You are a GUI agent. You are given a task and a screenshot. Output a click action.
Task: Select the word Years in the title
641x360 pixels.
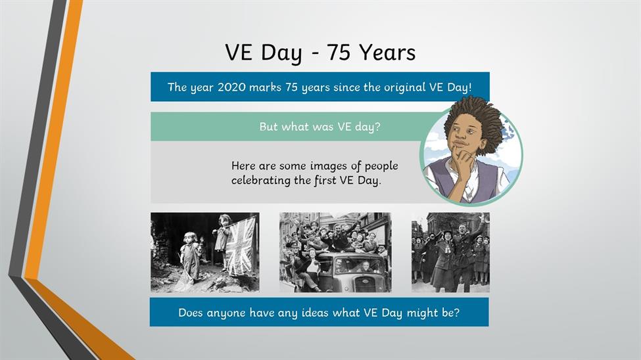click(387, 53)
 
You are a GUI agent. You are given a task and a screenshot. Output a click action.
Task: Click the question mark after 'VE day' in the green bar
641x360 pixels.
click(377, 127)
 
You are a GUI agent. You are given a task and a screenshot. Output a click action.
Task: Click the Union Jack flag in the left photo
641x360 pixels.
click(241, 246)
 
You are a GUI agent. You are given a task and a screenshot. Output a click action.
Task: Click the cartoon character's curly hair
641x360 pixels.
click(474, 118)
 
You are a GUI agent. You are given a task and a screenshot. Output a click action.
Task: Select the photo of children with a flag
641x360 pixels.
click(205, 252)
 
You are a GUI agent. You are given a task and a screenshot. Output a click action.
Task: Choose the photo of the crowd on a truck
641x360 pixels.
click(335, 252)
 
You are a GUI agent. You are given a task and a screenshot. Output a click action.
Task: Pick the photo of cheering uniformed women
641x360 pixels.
click(450, 252)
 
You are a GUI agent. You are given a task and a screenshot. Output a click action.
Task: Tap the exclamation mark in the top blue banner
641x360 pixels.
click(469, 87)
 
